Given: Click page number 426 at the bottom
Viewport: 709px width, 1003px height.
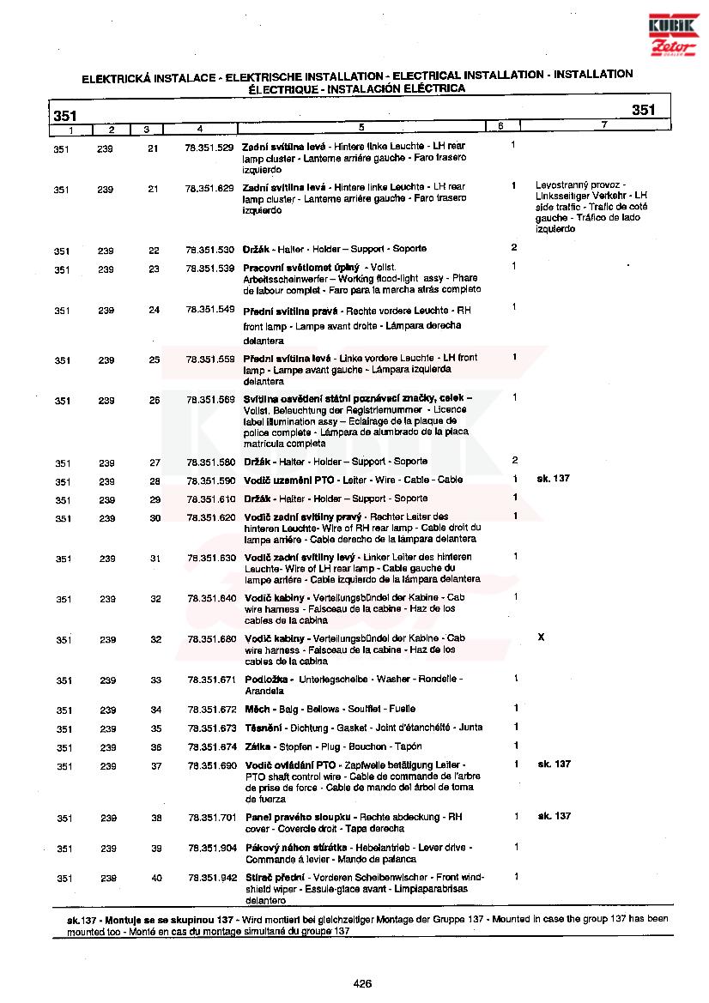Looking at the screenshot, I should click(x=362, y=983).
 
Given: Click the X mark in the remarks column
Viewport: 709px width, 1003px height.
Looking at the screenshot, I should click(x=541, y=637).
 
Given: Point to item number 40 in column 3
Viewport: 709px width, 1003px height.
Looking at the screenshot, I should click(x=156, y=878).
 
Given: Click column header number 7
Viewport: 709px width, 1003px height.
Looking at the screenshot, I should click(x=604, y=126).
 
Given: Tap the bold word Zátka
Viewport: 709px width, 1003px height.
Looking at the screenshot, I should click(x=258, y=746).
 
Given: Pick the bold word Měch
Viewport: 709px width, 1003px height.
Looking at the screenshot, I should click(x=257, y=710).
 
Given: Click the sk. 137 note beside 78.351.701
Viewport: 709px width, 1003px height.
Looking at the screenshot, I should click(x=554, y=816).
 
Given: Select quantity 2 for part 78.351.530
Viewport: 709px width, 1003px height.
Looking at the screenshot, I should click(x=513, y=247).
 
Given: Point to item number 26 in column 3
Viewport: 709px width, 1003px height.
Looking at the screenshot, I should click(x=155, y=400).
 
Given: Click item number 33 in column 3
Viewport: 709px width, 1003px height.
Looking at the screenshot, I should click(x=156, y=680).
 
